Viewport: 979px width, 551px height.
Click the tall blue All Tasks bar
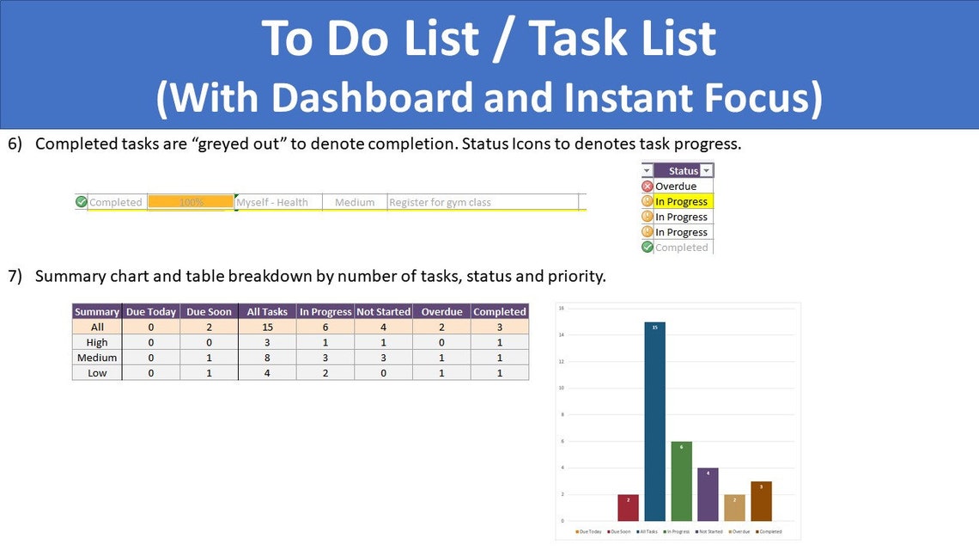[x=654, y=421]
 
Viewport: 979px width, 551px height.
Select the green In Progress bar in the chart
[x=681, y=481]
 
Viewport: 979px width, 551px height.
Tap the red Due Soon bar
[x=628, y=507]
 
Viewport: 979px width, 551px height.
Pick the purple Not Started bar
[x=708, y=494]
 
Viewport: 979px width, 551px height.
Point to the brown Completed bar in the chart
[x=761, y=501]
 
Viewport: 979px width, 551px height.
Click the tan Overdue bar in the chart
[x=734, y=507]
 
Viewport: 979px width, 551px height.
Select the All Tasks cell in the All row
[x=267, y=327]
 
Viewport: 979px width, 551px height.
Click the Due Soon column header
[x=209, y=311]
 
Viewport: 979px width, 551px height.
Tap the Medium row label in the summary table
[x=97, y=358]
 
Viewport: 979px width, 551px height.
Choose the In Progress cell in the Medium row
[x=325, y=358]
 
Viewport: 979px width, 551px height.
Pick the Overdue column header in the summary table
[x=441, y=311]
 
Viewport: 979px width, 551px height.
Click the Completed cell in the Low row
[x=499, y=373]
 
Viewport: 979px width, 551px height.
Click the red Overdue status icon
[x=648, y=186]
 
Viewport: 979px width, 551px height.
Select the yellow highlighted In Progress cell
[x=683, y=201]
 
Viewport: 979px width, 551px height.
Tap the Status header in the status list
[x=684, y=170]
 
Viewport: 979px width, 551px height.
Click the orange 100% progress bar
[x=191, y=202]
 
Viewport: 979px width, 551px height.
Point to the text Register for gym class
[x=440, y=202]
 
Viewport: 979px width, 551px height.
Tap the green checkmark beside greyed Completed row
[x=82, y=202]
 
